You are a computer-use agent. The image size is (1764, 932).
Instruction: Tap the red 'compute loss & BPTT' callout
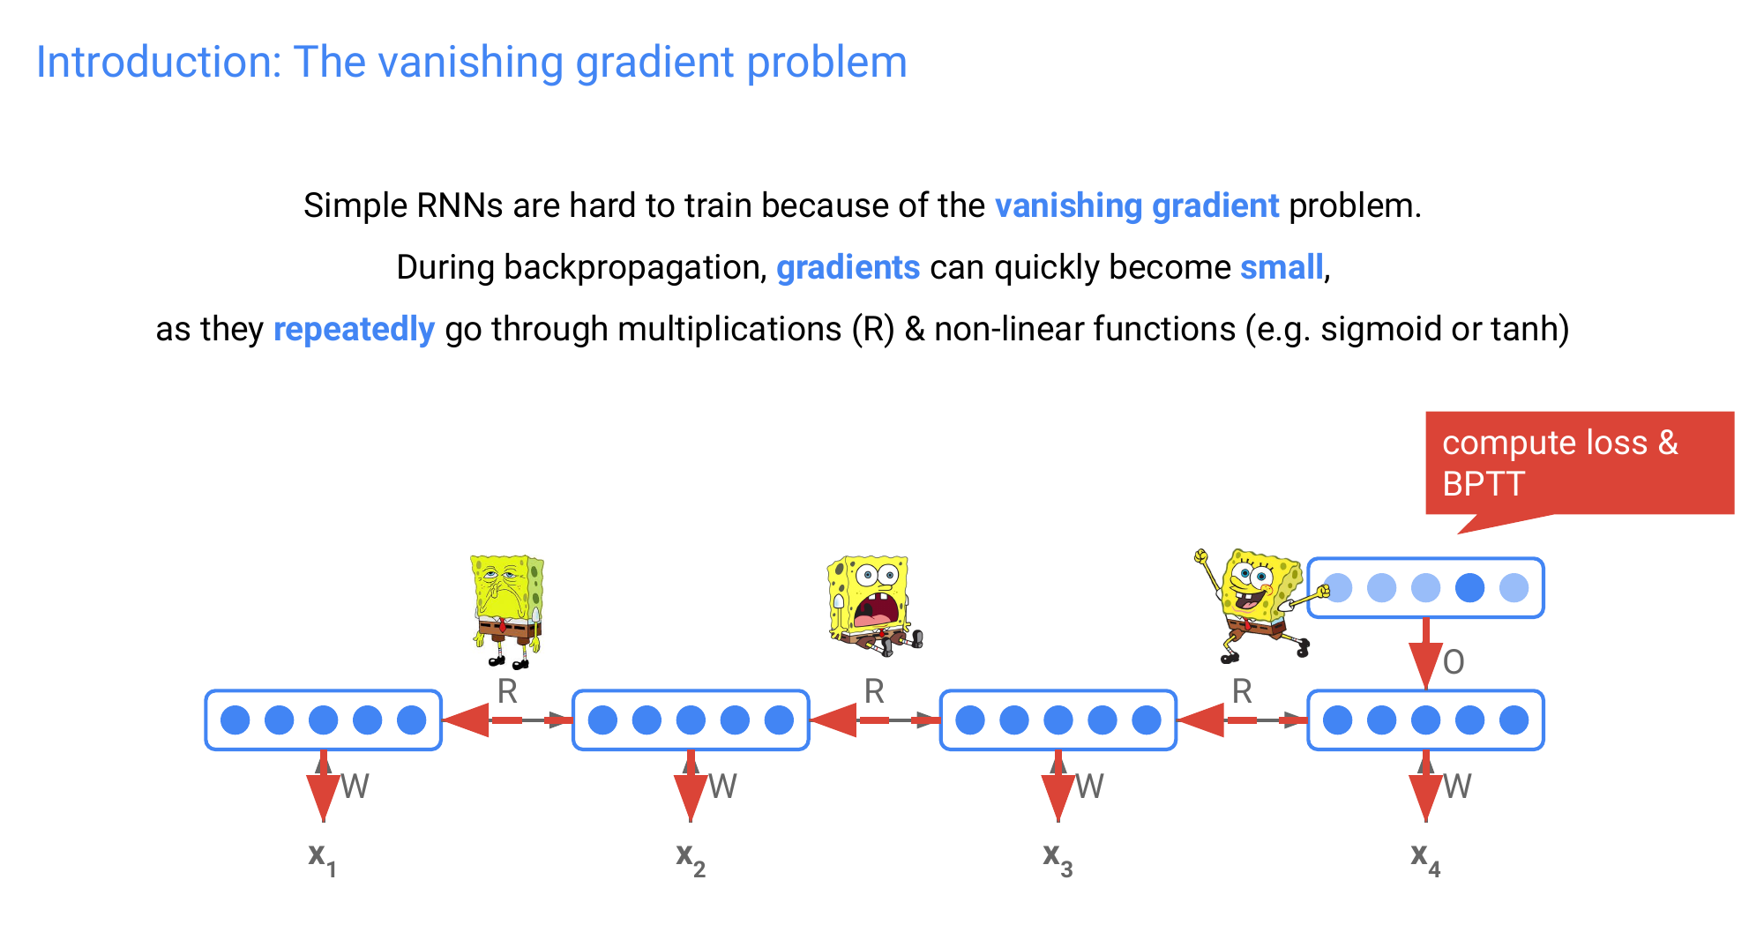(1579, 463)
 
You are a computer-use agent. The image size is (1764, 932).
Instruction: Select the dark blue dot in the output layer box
(1469, 587)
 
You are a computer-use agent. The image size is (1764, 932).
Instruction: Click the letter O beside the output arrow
(1454, 662)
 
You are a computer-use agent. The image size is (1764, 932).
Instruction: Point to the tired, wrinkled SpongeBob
(507, 610)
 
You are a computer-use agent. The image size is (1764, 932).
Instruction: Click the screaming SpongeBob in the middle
(873, 605)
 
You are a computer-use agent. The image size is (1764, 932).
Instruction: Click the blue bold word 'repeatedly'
(354, 329)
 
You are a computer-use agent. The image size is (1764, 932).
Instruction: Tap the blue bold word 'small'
(1282, 267)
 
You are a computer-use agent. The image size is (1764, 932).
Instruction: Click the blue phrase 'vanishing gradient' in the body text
(1136, 205)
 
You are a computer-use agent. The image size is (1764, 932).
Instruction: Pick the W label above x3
(1090, 786)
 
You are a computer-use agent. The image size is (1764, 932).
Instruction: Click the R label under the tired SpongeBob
(507, 691)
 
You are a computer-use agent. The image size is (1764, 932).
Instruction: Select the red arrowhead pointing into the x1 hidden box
(467, 720)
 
